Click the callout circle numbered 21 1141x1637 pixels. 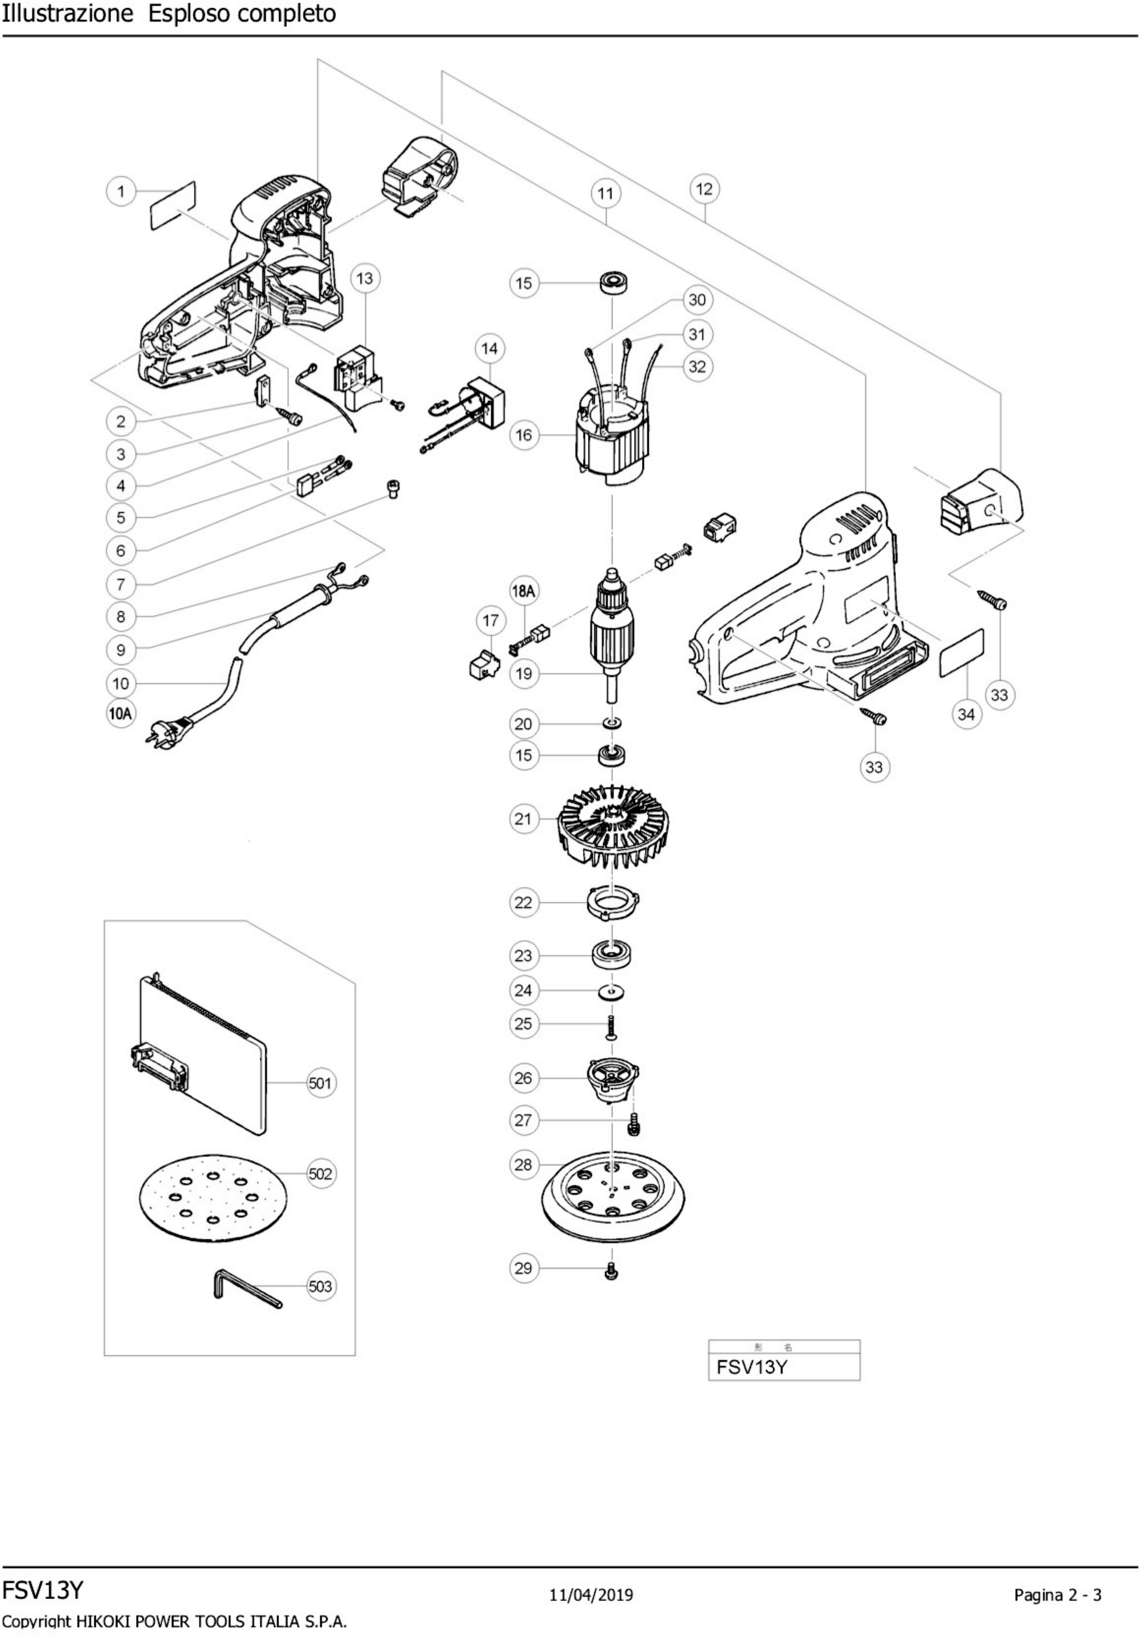(523, 818)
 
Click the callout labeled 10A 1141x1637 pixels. (121, 714)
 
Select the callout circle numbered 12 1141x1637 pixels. (704, 189)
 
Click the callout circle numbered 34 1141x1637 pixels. (966, 714)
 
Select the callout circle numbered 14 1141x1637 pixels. (490, 349)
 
